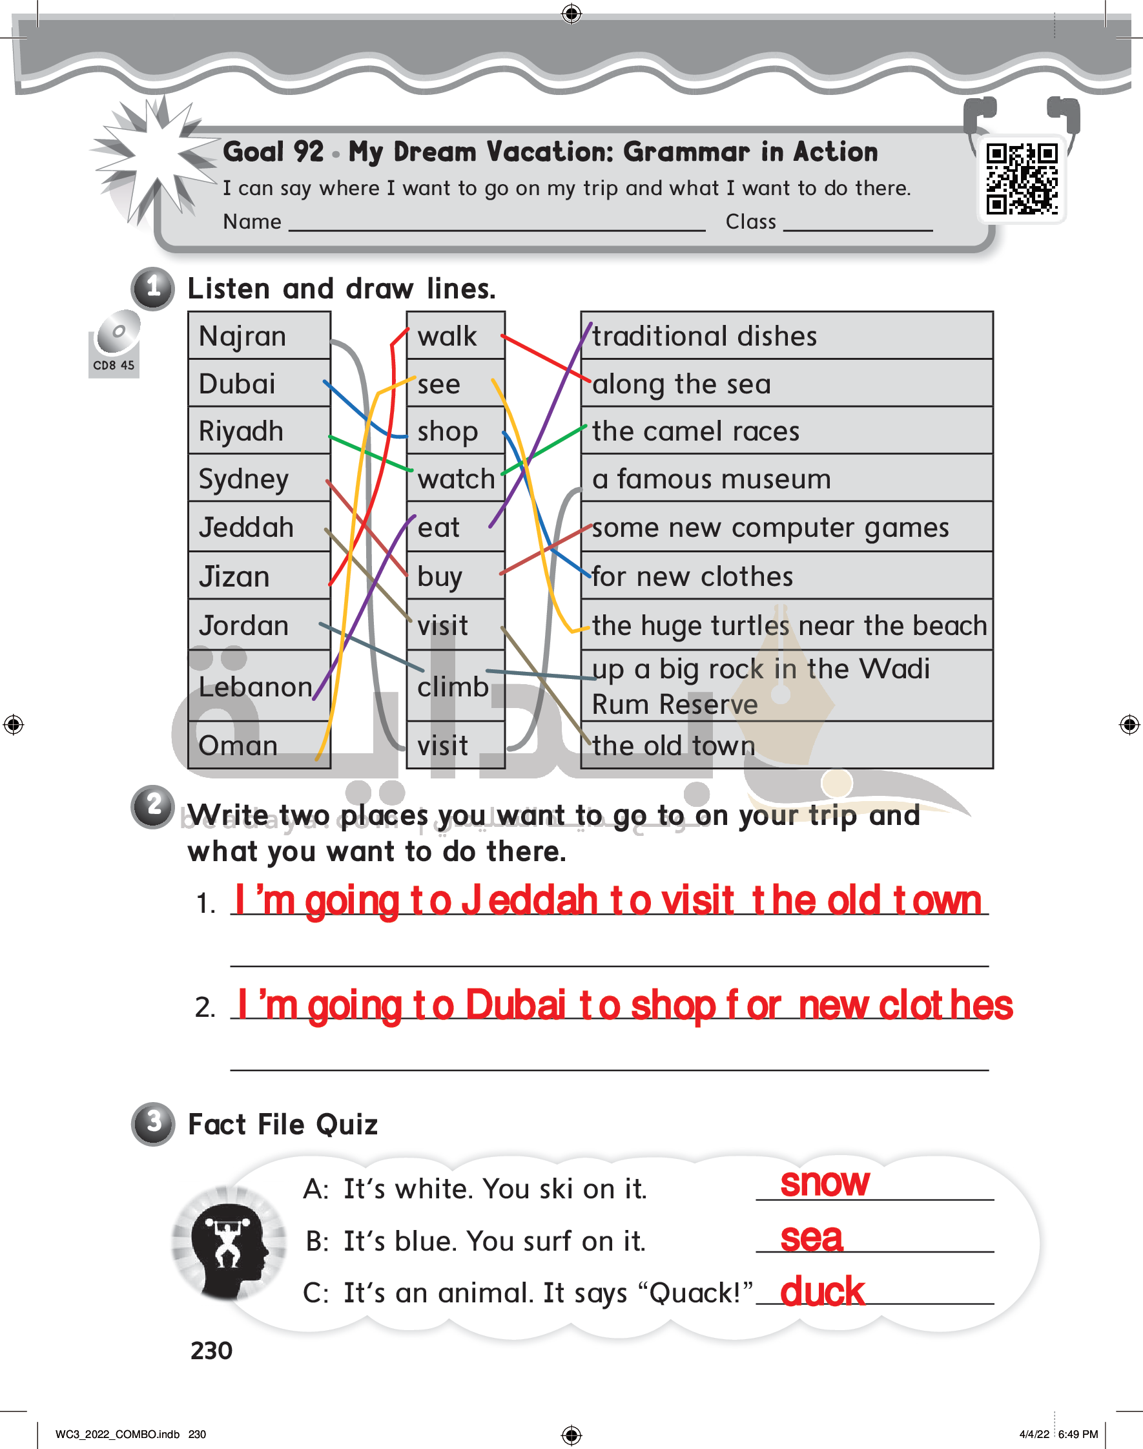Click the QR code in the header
click(x=1021, y=180)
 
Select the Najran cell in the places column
click(x=260, y=336)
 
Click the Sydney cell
click(x=260, y=478)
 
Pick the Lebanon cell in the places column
click(x=260, y=685)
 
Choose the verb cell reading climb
click(x=456, y=685)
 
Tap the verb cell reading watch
click(x=456, y=478)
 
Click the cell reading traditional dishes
click(x=787, y=336)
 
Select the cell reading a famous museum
click(x=787, y=478)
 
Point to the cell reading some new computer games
click(x=787, y=526)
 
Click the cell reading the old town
click(x=787, y=744)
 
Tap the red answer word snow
click(x=825, y=1183)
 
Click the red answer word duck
click(x=823, y=1290)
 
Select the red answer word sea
click(x=812, y=1238)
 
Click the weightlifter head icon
click(x=229, y=1244)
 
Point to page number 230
click(x=211, y=1351)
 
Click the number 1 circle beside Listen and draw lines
click(x=153, y=289)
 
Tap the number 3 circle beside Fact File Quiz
click(x=153, y=1123)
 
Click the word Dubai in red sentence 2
click(x=515, y=1005)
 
